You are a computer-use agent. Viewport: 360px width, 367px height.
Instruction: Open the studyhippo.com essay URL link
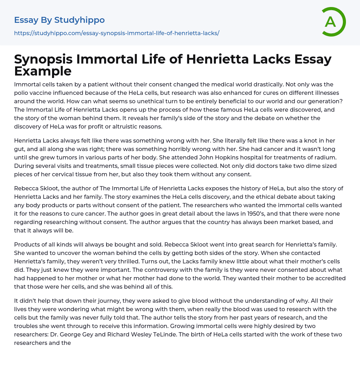click(x=116, y=33)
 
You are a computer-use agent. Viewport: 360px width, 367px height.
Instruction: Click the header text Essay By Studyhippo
click(x=59, y=20)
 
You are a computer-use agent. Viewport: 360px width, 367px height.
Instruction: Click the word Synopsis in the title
click(x=43, y=59)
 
